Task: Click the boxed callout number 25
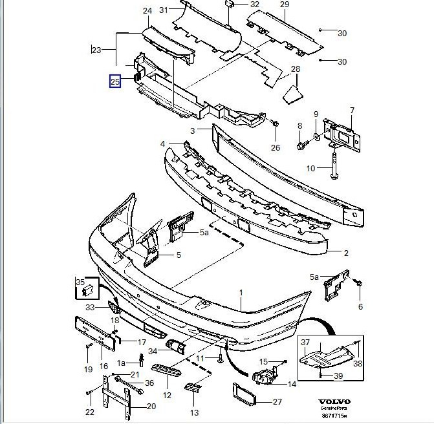pyautogui.click(x=114, y=82)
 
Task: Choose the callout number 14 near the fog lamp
pyautogui.click(x=291, y=384)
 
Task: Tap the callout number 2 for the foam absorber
pyautogui.click(x=345, y=253)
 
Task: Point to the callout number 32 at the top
pyautogui.click(x=254, y=5)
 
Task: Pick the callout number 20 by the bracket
pyautogui.click(x=151, y=407)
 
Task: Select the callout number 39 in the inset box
pyautogui.click(x=338, y=376)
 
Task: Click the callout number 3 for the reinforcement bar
pyautogui.click(x=192, y=131)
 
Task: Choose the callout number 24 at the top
pyautogui.click(x=147, y=11)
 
